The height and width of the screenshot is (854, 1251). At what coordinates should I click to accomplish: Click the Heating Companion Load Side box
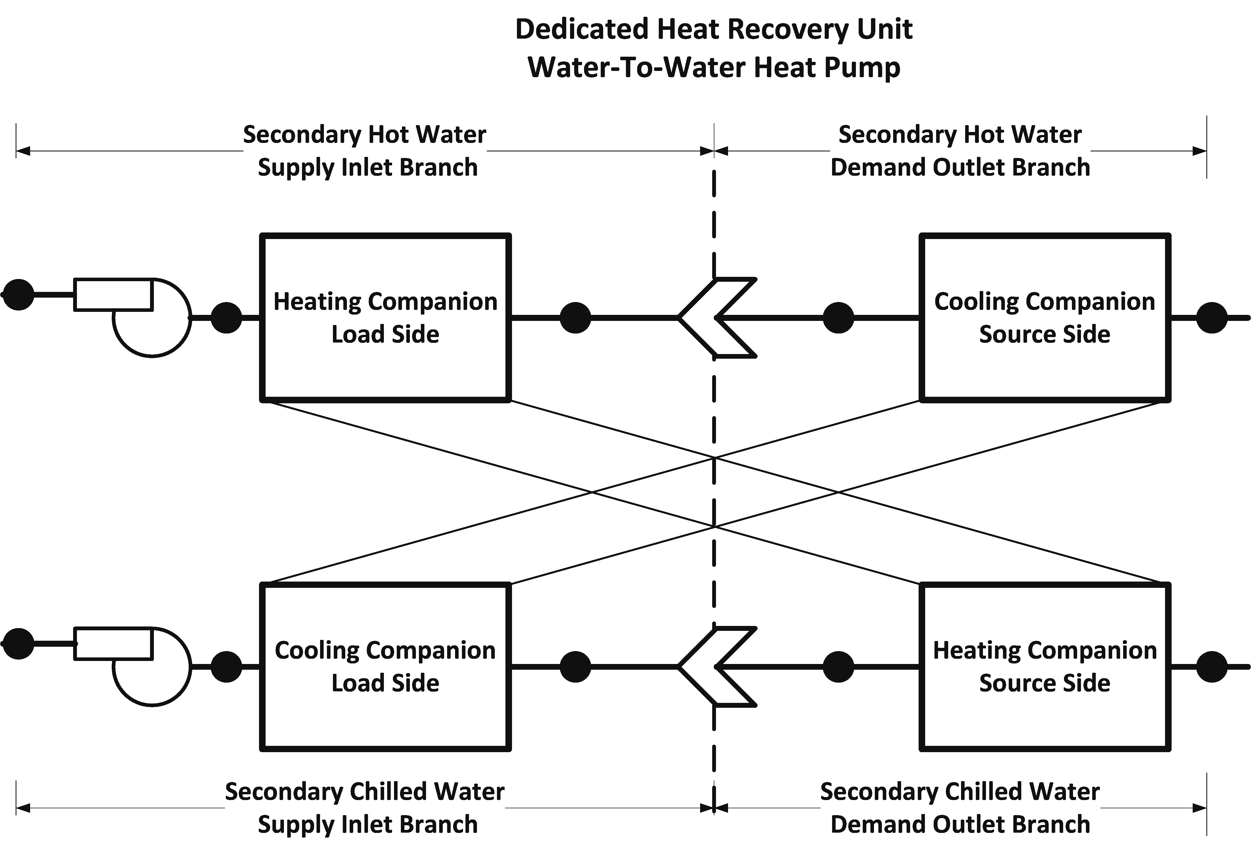(386, 318)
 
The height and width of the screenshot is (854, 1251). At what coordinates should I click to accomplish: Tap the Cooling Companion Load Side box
(386, 667)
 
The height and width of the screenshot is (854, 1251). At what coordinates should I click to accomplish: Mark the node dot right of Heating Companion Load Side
(576, 318)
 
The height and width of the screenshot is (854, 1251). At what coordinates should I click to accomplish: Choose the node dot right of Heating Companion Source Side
(1212, 667)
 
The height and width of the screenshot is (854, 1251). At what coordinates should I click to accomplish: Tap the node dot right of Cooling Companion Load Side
(576, 667)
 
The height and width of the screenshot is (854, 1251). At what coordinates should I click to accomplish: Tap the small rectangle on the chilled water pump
(113, 643)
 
